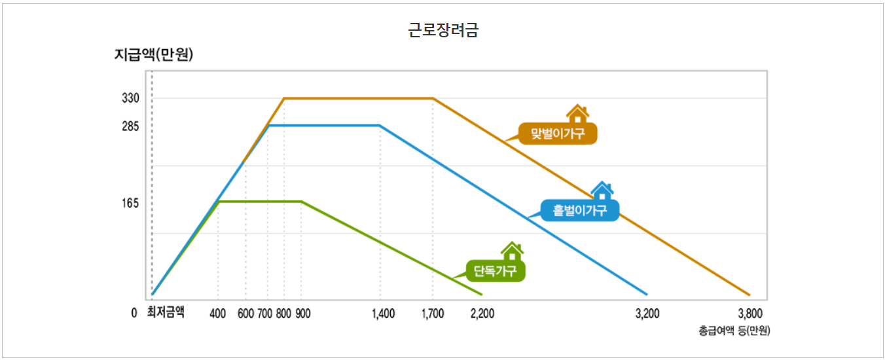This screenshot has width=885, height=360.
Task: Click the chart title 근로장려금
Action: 442,30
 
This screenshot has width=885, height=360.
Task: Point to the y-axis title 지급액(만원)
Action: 154,55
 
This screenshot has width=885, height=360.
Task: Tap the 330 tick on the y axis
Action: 130,98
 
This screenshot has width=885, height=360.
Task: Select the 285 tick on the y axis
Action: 130,126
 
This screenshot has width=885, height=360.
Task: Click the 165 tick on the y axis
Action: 130,204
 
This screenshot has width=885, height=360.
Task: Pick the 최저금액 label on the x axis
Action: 166,313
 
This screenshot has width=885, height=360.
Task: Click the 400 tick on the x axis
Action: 217,314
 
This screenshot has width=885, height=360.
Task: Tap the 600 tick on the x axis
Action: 245,314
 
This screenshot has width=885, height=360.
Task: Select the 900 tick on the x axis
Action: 302,314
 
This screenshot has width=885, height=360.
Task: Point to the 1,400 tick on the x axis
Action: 383,314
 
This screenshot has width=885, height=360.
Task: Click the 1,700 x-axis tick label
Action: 432,314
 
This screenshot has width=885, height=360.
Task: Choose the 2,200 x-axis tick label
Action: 482,314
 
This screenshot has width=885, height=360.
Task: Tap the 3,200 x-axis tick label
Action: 647,314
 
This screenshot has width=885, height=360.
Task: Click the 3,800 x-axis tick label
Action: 750,314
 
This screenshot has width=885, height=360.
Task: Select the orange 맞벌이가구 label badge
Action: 558,134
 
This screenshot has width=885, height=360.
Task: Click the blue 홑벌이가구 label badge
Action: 580,210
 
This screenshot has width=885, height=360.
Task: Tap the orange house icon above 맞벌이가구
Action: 577,114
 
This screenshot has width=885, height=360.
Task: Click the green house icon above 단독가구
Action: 512,251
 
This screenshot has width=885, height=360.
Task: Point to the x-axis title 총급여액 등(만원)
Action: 734,331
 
